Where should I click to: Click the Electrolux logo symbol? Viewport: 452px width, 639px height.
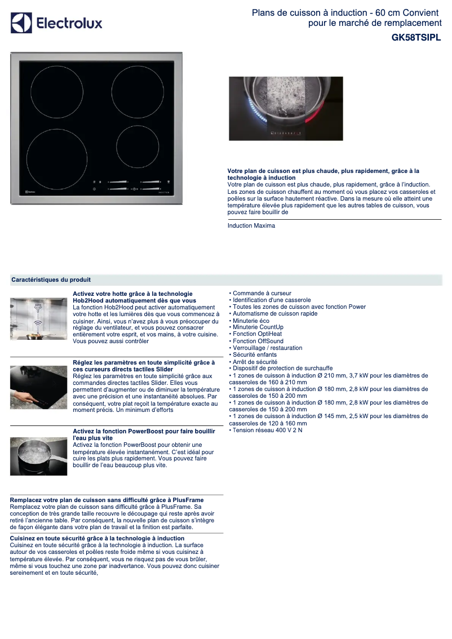coord(21,23)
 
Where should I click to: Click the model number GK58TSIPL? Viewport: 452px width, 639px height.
coord(416,38)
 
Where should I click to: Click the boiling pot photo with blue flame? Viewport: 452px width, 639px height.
coord(286,109)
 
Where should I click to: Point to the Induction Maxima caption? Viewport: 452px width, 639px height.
coord(251,226)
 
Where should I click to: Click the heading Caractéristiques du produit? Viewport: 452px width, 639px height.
coord(51,279)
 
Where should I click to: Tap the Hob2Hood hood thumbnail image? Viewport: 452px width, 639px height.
coord(38,318)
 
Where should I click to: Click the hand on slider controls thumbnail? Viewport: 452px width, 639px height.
coord(38,387)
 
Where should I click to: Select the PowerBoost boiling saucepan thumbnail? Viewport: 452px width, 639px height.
coord(38,456)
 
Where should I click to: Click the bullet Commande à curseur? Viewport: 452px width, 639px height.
coord(262,293)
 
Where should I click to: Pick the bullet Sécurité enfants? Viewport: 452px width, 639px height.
coord(254,355)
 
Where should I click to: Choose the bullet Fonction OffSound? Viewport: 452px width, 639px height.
coord(258,341)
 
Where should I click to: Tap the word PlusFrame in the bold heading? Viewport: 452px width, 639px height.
coord(188,500)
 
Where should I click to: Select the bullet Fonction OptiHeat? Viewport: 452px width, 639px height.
coord(257,334)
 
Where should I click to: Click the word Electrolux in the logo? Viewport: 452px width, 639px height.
coord(69,24)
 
